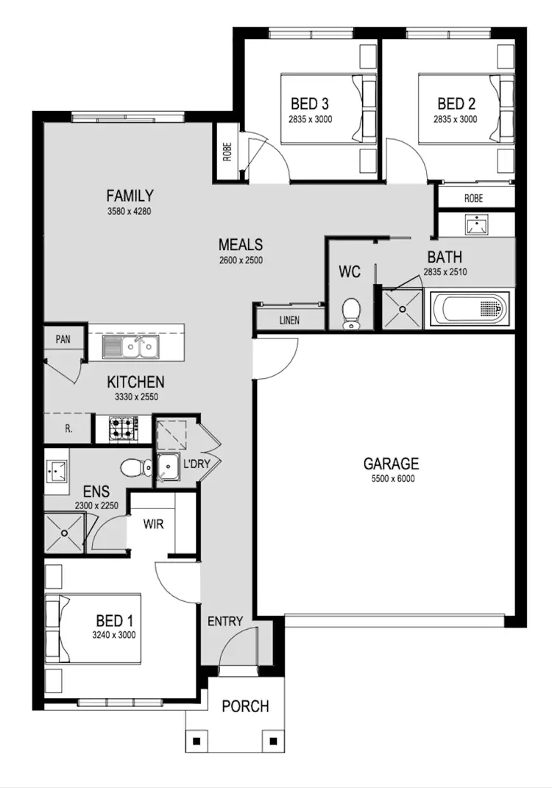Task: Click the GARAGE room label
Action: click(x=391, y=464)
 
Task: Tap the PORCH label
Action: click(x=245, y=706)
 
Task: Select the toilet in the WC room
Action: click(x=351, y=313)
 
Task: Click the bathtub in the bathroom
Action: click(x=469, y=308)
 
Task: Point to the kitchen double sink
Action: click(x=130, y=345)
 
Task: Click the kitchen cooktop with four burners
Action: click(x=124, y=429)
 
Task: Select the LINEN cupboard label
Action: click(x=289, y=321)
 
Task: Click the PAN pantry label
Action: click(x=63, y=340)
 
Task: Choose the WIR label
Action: click(x=153, y=525)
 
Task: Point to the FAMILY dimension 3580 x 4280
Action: click(x=130, y=211)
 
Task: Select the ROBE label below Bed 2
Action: click(x=473, y=198)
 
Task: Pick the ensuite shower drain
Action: click(x=65, y=533)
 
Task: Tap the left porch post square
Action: click(x=198, y=741)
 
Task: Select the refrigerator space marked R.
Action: click(x=68, y=428)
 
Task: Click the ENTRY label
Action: click(x=224, y=622)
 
